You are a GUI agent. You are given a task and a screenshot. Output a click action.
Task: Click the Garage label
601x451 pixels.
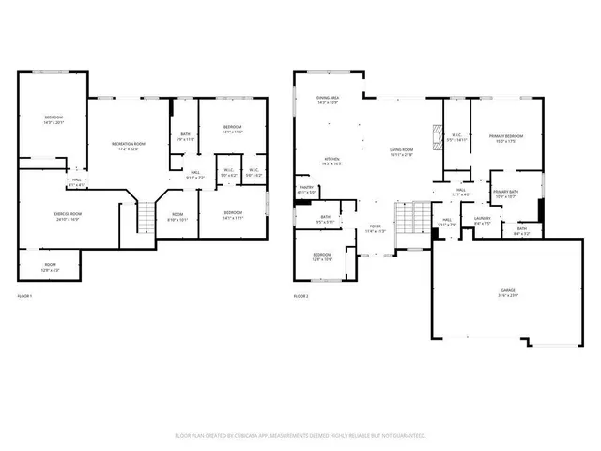coord(508,294)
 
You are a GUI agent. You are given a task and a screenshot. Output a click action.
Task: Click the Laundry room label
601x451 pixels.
coord(482,221)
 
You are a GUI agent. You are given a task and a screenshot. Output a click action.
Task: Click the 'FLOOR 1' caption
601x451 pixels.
coord(24,296)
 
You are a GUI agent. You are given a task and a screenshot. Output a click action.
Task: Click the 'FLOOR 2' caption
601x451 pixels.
coord(300,296)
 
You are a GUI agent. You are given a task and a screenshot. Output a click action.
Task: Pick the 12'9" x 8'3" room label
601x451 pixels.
coord(50,267)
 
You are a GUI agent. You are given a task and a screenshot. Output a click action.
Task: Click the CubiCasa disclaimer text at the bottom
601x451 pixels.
coord(300,436)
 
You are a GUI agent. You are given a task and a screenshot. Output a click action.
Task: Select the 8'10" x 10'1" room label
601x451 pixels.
coord(177,218)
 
